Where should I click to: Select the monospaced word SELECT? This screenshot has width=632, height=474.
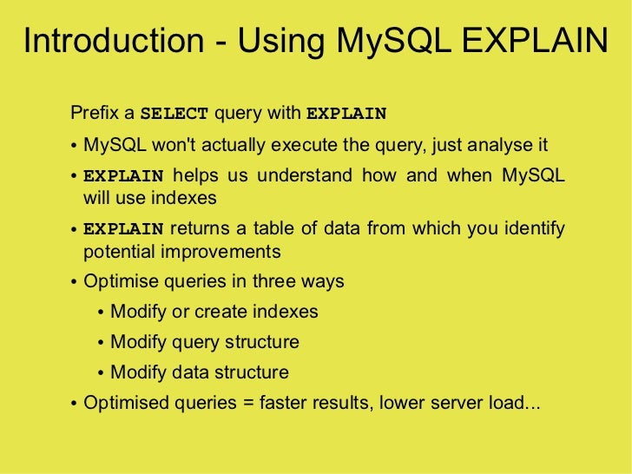point(174,114)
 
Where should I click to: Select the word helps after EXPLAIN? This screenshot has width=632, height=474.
point(195,175)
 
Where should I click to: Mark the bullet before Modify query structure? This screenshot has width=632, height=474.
point(102,344)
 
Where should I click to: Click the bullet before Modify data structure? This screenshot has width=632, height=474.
point(102,374)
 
